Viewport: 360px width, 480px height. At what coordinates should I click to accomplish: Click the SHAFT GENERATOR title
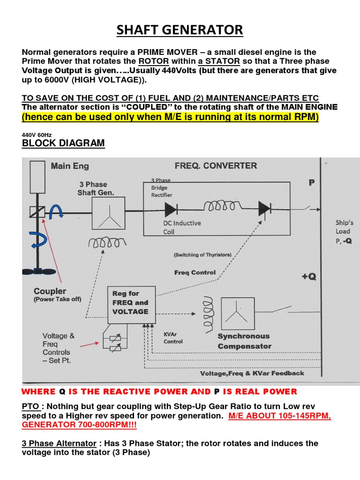click(180, 30)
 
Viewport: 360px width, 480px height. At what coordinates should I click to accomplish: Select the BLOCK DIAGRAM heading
click(63, 143)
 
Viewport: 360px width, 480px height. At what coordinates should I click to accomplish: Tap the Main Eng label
click(69, 165)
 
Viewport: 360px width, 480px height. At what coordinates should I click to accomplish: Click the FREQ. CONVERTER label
click(216, 165)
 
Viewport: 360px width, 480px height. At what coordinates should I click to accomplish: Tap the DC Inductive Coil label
click(182, 227)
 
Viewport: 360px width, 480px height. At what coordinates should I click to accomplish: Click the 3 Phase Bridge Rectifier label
click(162, 187)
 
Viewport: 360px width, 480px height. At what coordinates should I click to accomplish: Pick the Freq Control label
click(195, 272)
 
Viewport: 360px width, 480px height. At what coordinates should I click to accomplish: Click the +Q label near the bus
click(308, 277)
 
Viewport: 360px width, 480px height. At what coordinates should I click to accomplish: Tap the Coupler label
click(50, 291)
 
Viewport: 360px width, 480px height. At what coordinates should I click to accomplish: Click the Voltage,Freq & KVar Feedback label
click(252, 373)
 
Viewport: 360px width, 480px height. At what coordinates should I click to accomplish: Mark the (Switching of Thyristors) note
click(202, 255)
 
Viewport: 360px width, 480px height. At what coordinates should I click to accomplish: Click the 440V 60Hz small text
click(37, 134)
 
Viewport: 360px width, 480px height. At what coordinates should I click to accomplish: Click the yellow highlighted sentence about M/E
click(170, 117)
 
